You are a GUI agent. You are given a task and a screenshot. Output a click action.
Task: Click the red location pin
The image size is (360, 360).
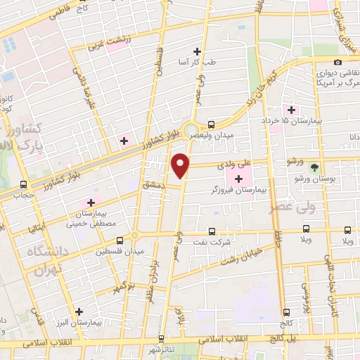pos(181,166)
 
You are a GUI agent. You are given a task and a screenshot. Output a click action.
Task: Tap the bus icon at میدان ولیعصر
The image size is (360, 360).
pos(212,120)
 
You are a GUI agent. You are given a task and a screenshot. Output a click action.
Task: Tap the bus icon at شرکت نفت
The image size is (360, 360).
pos(212,231)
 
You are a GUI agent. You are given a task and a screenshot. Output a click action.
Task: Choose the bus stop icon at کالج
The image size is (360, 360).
pos(286,312)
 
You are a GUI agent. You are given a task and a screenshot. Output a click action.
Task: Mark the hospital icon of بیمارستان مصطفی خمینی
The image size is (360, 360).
pos(91,202)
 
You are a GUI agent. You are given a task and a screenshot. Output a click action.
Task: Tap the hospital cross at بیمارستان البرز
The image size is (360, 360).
pos(79,311)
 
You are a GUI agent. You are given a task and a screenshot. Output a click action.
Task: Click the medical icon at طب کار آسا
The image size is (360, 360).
pos(197,51)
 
